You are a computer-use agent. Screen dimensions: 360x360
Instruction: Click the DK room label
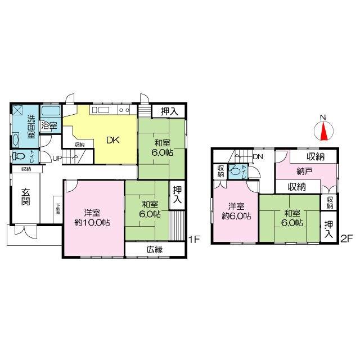click(113, 141)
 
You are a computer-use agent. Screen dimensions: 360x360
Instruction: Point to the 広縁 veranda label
click(155, 249)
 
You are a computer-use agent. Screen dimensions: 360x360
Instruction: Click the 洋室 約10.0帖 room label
click(93, 217)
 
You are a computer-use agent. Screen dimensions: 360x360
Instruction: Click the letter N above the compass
click(322, 118)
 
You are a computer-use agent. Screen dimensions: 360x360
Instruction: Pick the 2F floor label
click(346, 239)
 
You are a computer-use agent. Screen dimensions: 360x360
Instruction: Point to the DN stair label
click(258, 156)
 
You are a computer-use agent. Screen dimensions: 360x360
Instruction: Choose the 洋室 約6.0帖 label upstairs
click(236, 210)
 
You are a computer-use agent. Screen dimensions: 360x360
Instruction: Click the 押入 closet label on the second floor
click(328, 228)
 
